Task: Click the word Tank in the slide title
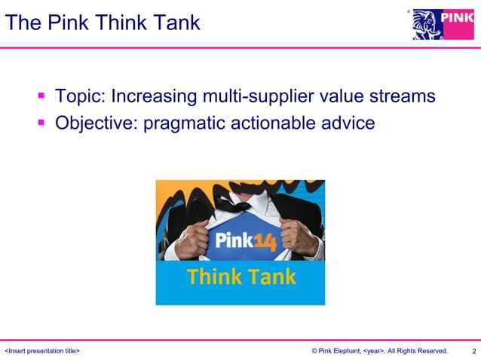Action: coord(176,23)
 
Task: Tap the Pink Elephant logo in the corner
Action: coord(443,24)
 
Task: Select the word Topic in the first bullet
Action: coord(81,96)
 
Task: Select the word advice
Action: coord(350,122)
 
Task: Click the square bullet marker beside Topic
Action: coord(42,96)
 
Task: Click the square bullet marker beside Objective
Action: coord(42,122)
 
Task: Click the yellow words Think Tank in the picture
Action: coord(240,277)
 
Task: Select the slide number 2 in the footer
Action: coord(473,351)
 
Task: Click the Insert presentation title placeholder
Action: coord(43,351)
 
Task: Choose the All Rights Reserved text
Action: coord(417,351)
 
